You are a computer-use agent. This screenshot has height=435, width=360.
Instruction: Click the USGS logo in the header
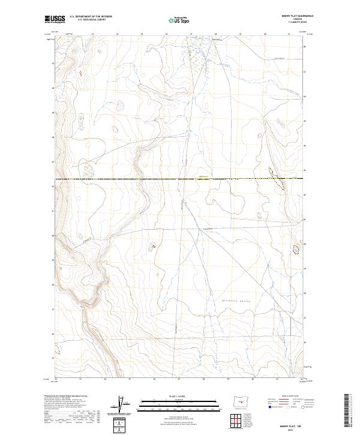pos(55,19)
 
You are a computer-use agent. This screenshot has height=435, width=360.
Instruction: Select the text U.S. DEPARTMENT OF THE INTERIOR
pos(91,17)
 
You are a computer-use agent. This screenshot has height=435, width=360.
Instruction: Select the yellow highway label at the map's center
pos(203,176)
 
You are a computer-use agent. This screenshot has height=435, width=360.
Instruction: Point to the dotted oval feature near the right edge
pos(295,247)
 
